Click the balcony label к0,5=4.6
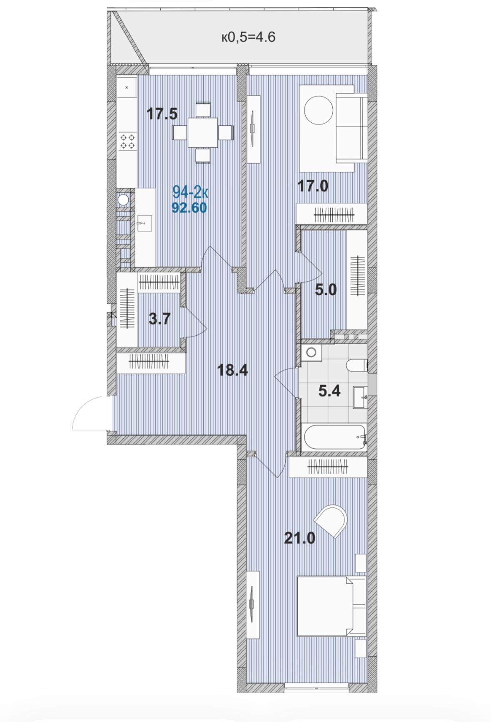tap(248, 37)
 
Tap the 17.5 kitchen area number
tap(162, 114)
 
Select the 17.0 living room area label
tap(313, 185)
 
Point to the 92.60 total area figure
tap(189, 207)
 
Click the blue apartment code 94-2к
tap(190, 192)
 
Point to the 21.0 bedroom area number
tap(300, 538)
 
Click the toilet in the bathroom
tap(356, 365)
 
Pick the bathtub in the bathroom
tap(334, 437)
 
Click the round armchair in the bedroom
tap(331, 521)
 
